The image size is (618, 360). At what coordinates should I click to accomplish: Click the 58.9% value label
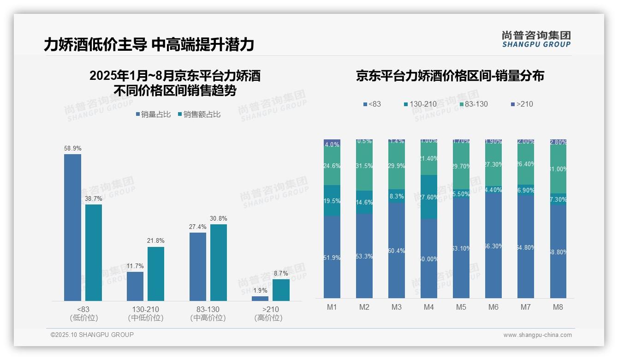coord(72,149)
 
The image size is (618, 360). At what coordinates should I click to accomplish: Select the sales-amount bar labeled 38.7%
coord(94,252)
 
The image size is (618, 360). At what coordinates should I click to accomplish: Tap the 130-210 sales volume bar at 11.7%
coord(135,286)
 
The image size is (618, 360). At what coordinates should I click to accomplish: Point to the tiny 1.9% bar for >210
coord(260,298)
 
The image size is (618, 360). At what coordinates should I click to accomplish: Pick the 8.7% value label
coord(281,273)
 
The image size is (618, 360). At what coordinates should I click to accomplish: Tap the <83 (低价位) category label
coord(83,313)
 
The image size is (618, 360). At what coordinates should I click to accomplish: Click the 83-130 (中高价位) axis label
coord(208,313)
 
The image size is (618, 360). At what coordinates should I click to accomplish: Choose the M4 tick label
coord(428,307)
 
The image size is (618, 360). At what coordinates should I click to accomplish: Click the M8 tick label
coord(558,307)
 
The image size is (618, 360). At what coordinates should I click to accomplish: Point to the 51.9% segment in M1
coord(332,257)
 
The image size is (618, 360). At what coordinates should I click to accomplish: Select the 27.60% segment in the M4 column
coord(429,197)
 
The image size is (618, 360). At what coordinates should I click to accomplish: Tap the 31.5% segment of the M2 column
coord(364,166)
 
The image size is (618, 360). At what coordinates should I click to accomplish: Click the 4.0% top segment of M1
coord(332,144)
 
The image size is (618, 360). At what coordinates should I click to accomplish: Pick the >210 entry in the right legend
coord(522,104)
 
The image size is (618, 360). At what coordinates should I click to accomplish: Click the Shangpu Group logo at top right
coord(536,39)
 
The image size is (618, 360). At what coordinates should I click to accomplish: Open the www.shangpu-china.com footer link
coord(537,335)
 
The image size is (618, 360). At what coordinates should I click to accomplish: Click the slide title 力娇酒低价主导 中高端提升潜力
coord(149,45)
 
